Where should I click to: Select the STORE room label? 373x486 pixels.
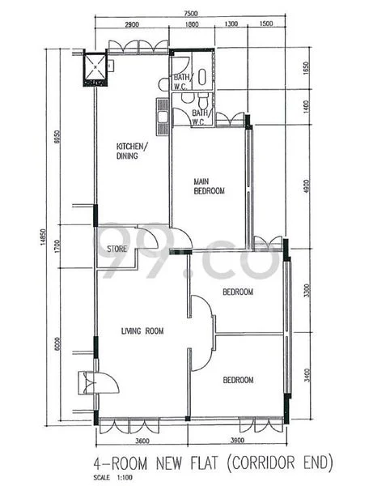coord(117,249)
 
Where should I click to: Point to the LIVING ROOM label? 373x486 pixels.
coord(142,330)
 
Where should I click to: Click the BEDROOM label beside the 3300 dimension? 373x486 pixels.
coord(238,292)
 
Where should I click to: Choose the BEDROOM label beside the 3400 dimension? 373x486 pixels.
coord(238,380)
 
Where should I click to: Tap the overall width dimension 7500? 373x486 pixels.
coord(191,15)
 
